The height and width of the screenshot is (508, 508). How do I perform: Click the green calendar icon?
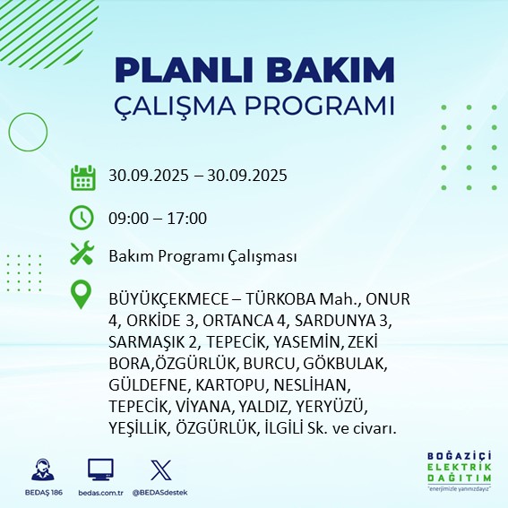click(82, 177)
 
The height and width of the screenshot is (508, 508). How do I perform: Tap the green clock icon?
click(82, 218)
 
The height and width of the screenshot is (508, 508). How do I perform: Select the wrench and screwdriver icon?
click(82, 254)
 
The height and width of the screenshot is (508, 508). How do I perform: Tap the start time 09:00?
click(127, 218)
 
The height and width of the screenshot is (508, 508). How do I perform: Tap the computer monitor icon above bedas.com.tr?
click(100, 469)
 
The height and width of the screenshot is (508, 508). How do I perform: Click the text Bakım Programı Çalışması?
click(202, 256)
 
